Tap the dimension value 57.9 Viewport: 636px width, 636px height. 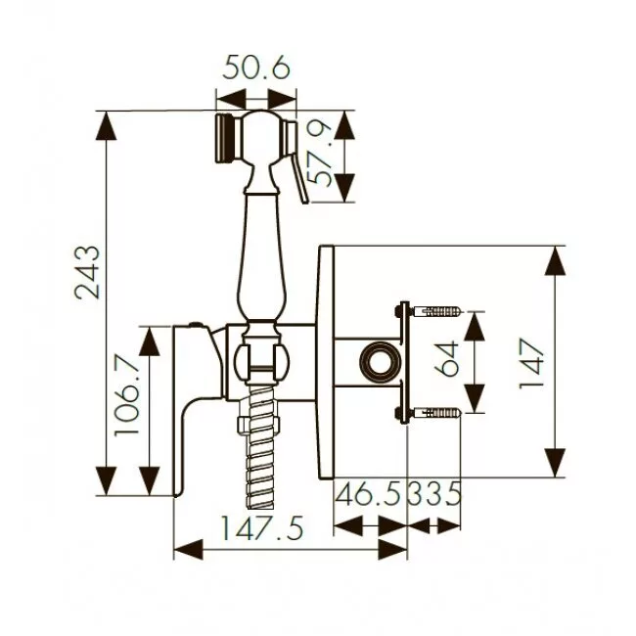click(x=319, y=155)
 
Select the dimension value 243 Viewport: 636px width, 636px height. click(x=87, y=272)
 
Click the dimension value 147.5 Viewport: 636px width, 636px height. click(x=262, y=528)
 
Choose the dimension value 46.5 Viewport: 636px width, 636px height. click(x=369, y=493)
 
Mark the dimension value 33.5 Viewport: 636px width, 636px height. click(x=434, y=493)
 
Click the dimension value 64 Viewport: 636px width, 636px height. click(x=446, y=359)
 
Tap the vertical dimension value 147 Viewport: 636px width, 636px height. click(x=531, y=364)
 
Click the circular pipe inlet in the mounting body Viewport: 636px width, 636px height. click(x=381, y=362)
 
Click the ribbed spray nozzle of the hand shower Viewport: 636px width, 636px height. click(x=224, y=138)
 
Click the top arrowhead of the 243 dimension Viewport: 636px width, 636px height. click(x=107, y=126)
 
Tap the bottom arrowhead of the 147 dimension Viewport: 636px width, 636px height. click(x=555, y=463)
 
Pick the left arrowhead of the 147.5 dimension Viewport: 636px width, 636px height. click(x=189, y=549)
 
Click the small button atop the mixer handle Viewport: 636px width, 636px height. click(x=197, y=324)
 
